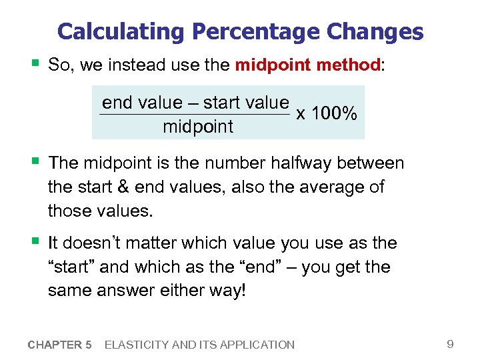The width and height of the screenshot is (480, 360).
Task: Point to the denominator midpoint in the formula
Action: tap(198, 127)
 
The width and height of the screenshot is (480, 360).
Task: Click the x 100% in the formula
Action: tap(327, 114)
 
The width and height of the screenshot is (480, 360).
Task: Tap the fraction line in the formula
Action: tap(195, 115)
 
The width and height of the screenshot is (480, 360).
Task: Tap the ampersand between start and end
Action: tap(124, 187)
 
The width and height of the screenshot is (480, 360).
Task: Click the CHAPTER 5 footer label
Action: tap(60, 345)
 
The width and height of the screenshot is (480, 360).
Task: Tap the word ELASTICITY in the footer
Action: tap(137, 345)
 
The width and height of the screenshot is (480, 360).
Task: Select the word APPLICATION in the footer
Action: tap(257, 345)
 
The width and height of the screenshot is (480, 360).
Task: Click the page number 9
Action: tap(450, 344)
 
